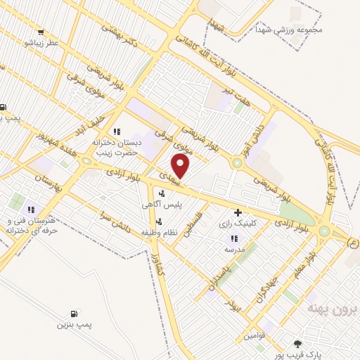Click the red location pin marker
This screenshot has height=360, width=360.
pyautogui.click(x=181, y=165)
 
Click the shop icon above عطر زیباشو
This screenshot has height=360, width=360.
pyautogui.click(x=43, y=32)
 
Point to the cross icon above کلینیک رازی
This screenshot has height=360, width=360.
pyautogui.click(x=238, y=212)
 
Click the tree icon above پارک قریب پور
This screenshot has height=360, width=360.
pyautogui.click(x=297, y=344)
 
